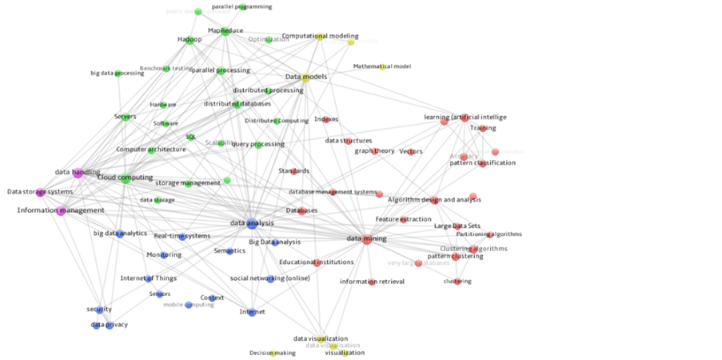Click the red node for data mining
pos(367,239)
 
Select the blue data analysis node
pos(252,223)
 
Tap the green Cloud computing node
pos(126,178)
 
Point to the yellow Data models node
pos(306,78)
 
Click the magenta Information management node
pos(61,210)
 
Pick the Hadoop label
pos(189,39)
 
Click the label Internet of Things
pos(148,278)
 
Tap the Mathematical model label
pos(381,66)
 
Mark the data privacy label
pos(109,325)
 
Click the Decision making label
pos(272,353)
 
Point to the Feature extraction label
pos(403,219)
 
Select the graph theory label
pos(374,150)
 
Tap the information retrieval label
pos(372,282)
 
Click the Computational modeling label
pos(320,36)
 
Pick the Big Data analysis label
pos(274,242)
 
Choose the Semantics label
pos(229,250)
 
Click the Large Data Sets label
pos(457,226)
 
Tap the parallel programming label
pos(241,6)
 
